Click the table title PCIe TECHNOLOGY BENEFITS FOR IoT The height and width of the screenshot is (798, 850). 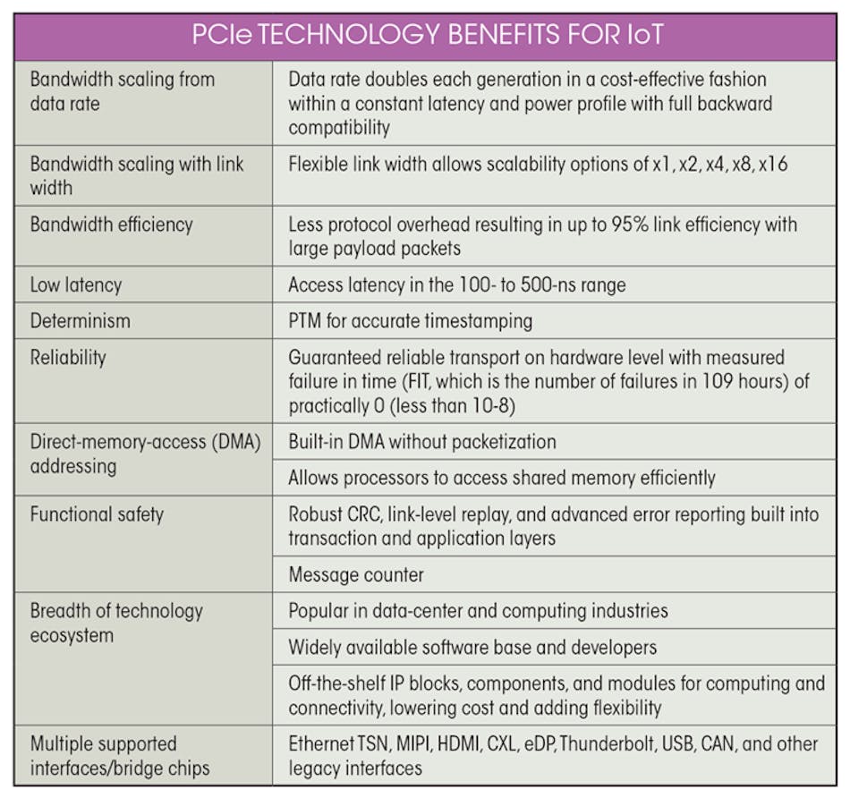427,36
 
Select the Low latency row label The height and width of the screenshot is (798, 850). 76,284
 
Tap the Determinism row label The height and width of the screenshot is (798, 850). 81,319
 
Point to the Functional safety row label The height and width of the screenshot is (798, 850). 97,514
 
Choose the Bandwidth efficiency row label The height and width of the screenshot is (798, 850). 111,224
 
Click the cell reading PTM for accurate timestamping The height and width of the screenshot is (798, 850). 410,320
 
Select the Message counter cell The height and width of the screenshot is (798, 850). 356,574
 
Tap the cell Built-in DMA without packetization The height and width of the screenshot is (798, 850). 421,441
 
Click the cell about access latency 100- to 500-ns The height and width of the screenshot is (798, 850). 456,284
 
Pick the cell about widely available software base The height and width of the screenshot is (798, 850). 472,646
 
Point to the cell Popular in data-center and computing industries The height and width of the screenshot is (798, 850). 478,611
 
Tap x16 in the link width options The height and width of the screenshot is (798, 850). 772,164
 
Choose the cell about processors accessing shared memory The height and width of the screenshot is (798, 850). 501,477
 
